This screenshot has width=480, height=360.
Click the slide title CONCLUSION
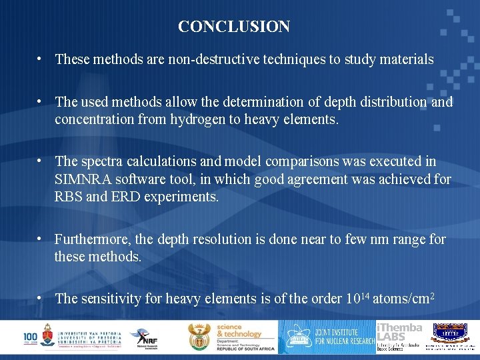234,27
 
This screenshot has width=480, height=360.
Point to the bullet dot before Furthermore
41,239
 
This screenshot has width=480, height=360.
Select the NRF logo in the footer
143,337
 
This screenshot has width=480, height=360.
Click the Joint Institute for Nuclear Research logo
327,337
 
